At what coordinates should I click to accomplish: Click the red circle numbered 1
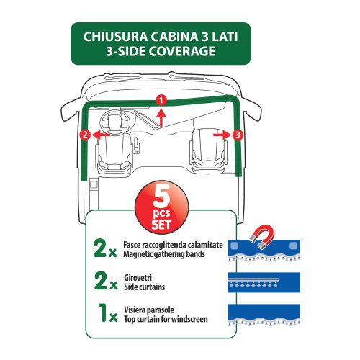point(161,100)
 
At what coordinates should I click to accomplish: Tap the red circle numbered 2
point(85,135)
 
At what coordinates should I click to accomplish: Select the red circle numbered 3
point(238,135)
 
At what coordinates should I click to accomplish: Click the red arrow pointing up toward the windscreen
point(161,117)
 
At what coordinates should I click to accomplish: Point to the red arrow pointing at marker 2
point(101,135)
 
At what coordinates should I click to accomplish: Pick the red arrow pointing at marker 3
point(222,135)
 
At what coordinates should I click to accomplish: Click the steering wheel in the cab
point(115,122)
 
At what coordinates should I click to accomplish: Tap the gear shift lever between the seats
point(136,145)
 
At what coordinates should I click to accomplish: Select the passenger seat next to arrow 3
point(208,151)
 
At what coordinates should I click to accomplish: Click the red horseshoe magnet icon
point(263,236)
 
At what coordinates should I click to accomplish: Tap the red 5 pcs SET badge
point(162,207)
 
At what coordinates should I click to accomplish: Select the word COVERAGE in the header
point(182,51)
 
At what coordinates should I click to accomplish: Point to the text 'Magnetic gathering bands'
point(164,254)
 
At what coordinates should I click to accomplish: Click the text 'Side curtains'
point(145,287)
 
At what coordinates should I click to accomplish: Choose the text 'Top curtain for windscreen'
point(166,320)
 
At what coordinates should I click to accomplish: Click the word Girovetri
point(138,278)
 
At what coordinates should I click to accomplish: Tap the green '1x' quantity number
point(108,312)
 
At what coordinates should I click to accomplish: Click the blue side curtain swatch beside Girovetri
point(264,282)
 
